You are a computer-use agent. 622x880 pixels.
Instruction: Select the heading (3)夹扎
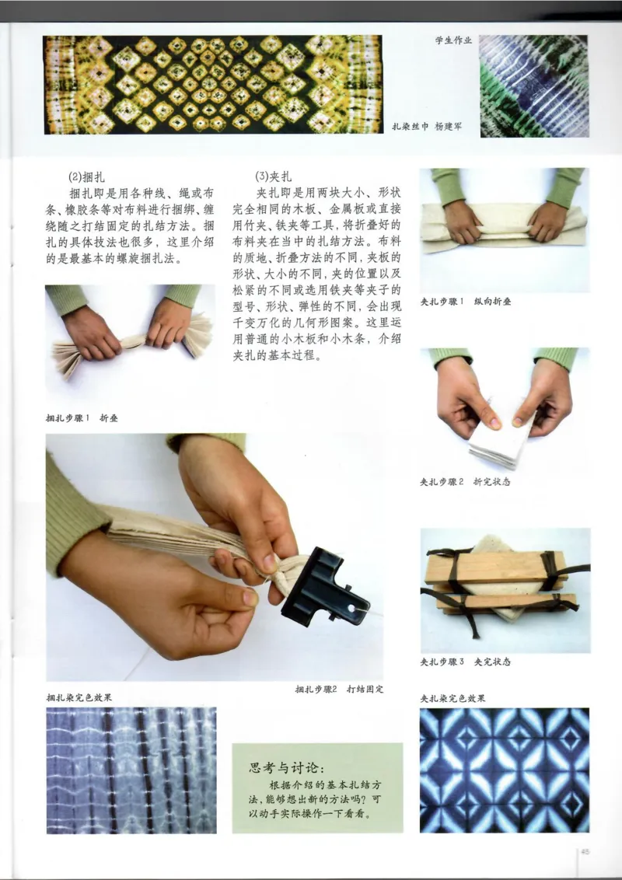click(x=271, y=177)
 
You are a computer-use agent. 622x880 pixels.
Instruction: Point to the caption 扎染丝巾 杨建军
click(x=427, y=126)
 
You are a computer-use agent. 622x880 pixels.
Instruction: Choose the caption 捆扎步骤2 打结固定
click(x=339, y=690)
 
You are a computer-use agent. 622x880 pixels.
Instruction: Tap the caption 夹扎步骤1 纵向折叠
click(x=466, y=302)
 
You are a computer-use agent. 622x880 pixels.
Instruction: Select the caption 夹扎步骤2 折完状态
click(x=465, y=481)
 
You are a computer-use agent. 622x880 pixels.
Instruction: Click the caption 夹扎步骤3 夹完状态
click(x=465, y=662)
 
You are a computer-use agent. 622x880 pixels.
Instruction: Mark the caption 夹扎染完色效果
click(x=453, y=698)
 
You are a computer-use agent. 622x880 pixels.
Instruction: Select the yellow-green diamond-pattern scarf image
click(x=212, y=84)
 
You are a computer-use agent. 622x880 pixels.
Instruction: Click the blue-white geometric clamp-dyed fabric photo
click(x=504, y=770)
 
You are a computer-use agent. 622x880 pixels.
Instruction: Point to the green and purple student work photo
click(x=533, y=86)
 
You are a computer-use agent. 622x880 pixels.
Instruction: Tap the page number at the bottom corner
click(x=585, y=851)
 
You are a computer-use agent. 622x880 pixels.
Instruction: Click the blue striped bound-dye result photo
click(x=131, y=770)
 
